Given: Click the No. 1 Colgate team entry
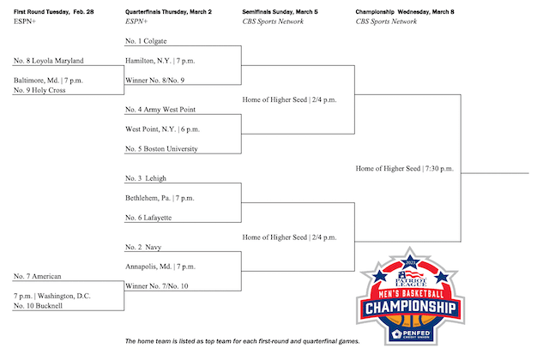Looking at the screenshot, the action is (146, 41).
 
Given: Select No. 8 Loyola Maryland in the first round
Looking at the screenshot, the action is (49, 61).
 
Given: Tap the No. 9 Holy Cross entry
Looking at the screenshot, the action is (39, 90).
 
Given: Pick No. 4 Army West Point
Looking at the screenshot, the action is (160, 110).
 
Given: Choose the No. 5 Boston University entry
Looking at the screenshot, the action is (161, 148).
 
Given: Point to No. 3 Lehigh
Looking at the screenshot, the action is (146, 178).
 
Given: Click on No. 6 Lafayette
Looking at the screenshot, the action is (148, 217).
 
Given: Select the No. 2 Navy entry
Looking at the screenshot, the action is (143, 247).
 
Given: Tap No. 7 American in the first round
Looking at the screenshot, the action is (38, 276).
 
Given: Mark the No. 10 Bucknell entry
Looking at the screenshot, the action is (38, 305).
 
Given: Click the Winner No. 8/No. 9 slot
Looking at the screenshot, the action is (154, 80).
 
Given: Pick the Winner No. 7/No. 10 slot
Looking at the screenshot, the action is (156, 285).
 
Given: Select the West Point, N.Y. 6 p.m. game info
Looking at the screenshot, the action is (162, 129).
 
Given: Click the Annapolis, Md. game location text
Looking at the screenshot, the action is (148, 267).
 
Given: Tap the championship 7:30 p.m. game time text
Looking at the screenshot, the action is (439, 168).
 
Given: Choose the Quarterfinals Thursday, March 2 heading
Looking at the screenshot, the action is (168, 11).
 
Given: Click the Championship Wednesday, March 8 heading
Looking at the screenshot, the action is (405, 11).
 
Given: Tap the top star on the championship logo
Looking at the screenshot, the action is (410, 262).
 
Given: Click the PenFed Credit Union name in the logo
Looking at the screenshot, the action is (415, 334).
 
